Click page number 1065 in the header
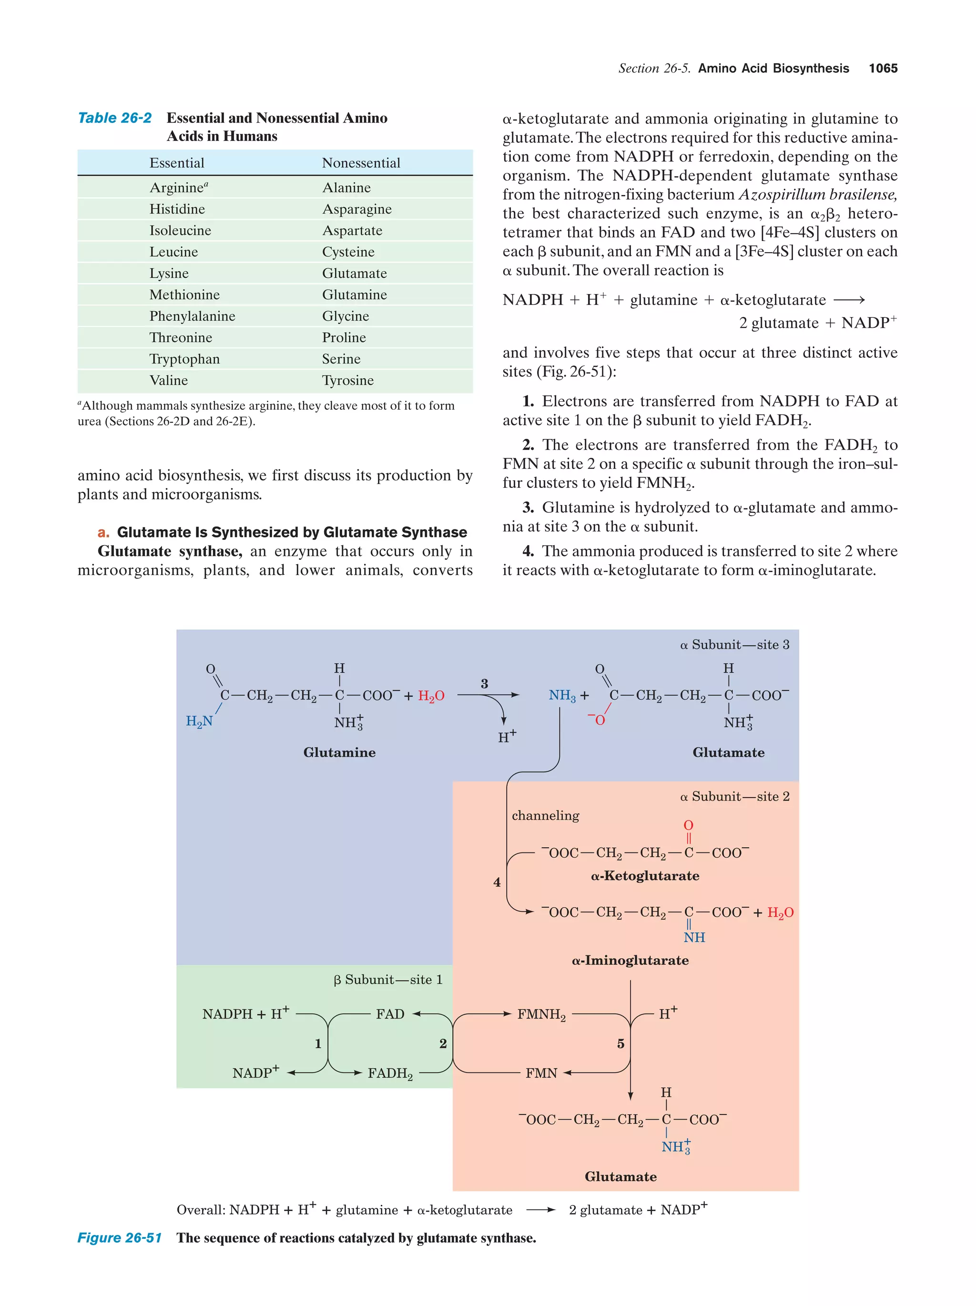click(x=883, y=69)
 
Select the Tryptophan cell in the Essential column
click(x=184, y=359)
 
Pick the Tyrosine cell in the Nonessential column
click(x=347, y=380)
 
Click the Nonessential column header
click(x=361, y=163)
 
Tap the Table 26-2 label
click(x=114, y=118)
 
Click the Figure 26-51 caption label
click(x=119, y=1237)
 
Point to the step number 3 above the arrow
click(x=484, y=683)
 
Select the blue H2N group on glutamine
click(x=199, y=721)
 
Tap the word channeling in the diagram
click(x=545, y=815)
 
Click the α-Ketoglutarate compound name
click(x=645, y=876)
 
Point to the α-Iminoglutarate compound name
click(x=630, y=960)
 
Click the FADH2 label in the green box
click(x=390, y=1073)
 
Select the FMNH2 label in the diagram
click(x=541, y=1014)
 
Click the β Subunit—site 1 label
click(x=387, y=980)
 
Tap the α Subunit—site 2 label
click(x=734, y=797)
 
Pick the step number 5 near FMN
click(x=620, y=1044)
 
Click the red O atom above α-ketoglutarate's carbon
click(x=688, y=825)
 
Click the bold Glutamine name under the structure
click(x=339, y=752)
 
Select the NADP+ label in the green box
click(x=255, y=1073)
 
